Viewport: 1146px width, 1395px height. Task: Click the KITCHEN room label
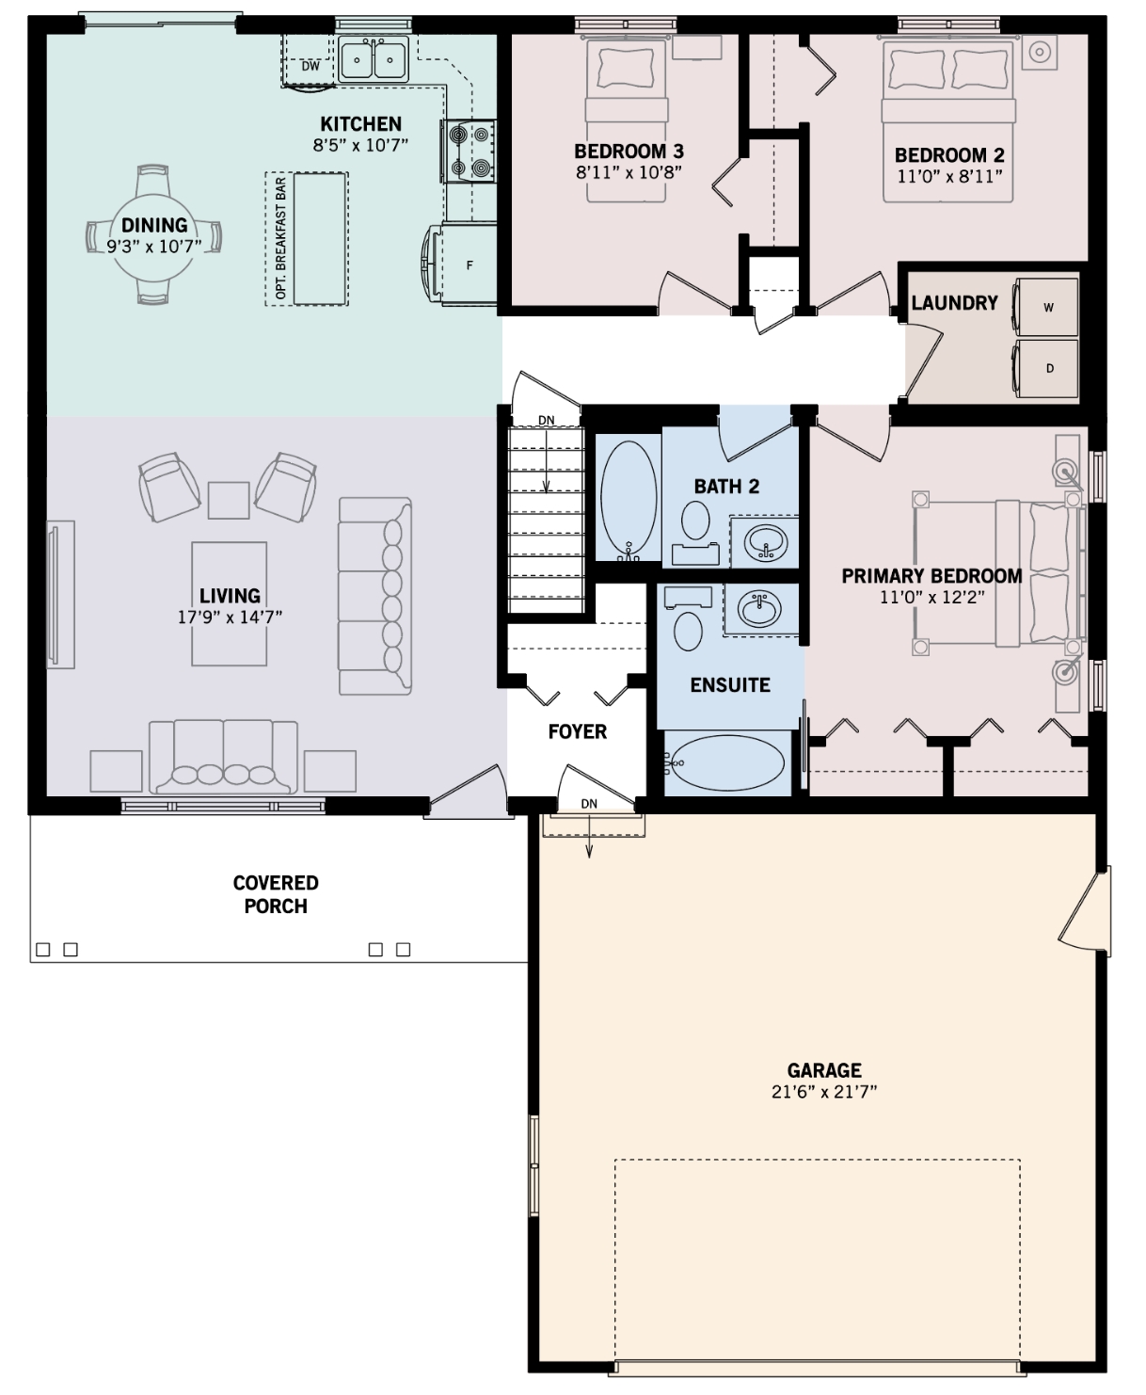[360, 123]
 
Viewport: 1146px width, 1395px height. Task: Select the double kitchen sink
[374, 59]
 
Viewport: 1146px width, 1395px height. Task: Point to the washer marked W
[1046, 307]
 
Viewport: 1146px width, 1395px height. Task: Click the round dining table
[153, 235]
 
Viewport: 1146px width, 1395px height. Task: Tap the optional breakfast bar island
[320, 239]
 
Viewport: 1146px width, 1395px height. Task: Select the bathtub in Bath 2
[629, 500]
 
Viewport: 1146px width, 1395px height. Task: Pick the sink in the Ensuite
[760, 609]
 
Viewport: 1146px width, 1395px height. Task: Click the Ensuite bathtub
[726, 762]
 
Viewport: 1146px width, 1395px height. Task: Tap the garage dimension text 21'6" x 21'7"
[824, 1091]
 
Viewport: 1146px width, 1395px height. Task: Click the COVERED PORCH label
[276, 894]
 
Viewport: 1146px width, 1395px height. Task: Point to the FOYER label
[578, 731]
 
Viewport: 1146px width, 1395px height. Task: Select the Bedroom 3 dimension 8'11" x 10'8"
[629, 172]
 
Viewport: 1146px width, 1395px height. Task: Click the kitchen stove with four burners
[469, 152]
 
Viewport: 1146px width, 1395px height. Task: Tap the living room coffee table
[230, 604]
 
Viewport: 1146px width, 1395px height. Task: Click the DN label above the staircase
[547, 420]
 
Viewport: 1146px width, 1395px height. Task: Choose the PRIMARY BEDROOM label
[931, 576]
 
